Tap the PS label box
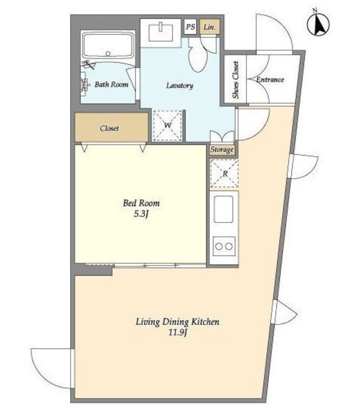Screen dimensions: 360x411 [191, 27]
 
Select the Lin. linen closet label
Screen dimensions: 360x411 [209, 27]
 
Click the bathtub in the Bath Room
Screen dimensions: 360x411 [108, 45]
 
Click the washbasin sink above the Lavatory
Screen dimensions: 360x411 [161, 33]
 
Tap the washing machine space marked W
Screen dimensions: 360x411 [167, 126]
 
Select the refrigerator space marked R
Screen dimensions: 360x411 [225, 173]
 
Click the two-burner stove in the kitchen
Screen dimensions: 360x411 [224, 246]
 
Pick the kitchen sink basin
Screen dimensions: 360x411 [223, 209]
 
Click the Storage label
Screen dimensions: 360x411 [222, 150]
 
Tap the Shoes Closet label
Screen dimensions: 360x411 [236, 80]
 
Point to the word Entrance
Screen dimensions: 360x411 [270, 80]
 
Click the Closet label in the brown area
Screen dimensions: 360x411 [109, 128]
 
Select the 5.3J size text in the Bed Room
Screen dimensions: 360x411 [141, 214]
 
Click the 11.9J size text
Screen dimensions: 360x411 [178, 333]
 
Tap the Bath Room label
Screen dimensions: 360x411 [112, 84]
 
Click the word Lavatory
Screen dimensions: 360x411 [180, 85]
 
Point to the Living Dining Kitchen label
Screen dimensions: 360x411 [177, 322]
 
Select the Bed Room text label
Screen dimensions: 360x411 [141, 203]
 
